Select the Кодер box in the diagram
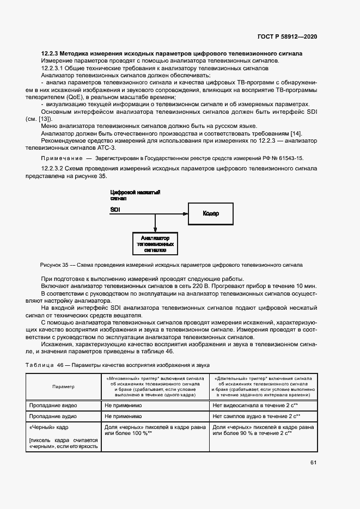211,213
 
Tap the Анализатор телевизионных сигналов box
155,244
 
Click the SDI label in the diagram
115,210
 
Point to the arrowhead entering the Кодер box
185,213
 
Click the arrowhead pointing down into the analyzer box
155,230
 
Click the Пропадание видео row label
53,406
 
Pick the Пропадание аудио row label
53,416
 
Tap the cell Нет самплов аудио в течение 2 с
259,416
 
